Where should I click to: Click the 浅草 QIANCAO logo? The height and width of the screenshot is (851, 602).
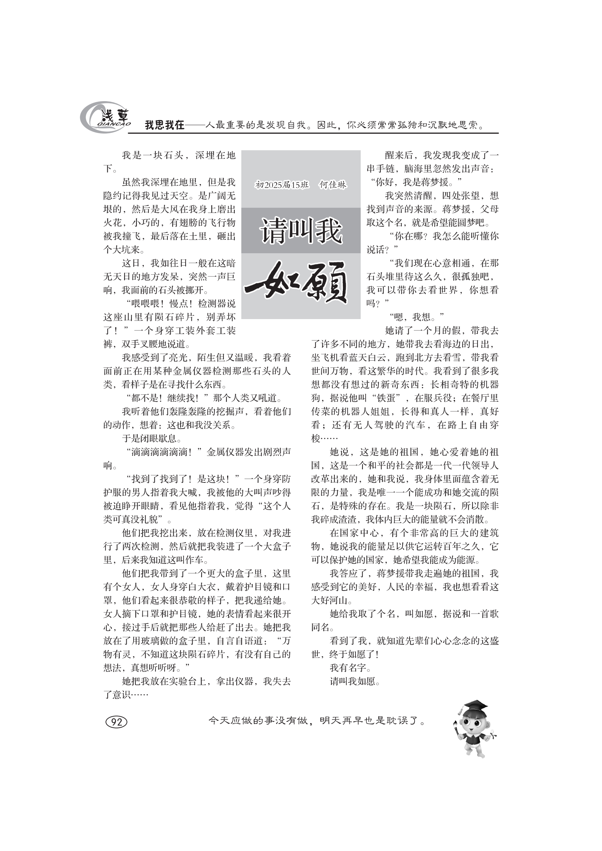tap(105, 117)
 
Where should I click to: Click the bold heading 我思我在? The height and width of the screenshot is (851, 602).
tap(164, 125)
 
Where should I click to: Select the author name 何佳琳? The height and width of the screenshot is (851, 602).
tap(333, 184)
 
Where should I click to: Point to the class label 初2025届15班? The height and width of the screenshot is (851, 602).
tap(282, 184)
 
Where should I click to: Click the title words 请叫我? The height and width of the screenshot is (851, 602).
tap(301, 231)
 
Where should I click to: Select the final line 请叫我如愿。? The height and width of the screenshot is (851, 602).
tap(355, 681)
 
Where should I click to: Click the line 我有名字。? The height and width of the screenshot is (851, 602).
tap(350, 668)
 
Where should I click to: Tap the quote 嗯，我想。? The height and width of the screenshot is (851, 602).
tap(416, 317)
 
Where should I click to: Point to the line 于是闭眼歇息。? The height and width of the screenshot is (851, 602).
tap(152, 438)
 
